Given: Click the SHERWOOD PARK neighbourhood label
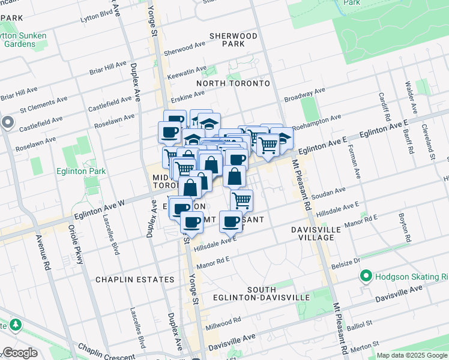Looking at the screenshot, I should pos(234,40).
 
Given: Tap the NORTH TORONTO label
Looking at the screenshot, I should pos(234,83).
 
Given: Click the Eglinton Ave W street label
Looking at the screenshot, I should pos(99,211).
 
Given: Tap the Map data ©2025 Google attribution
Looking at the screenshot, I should pos(411,355).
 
